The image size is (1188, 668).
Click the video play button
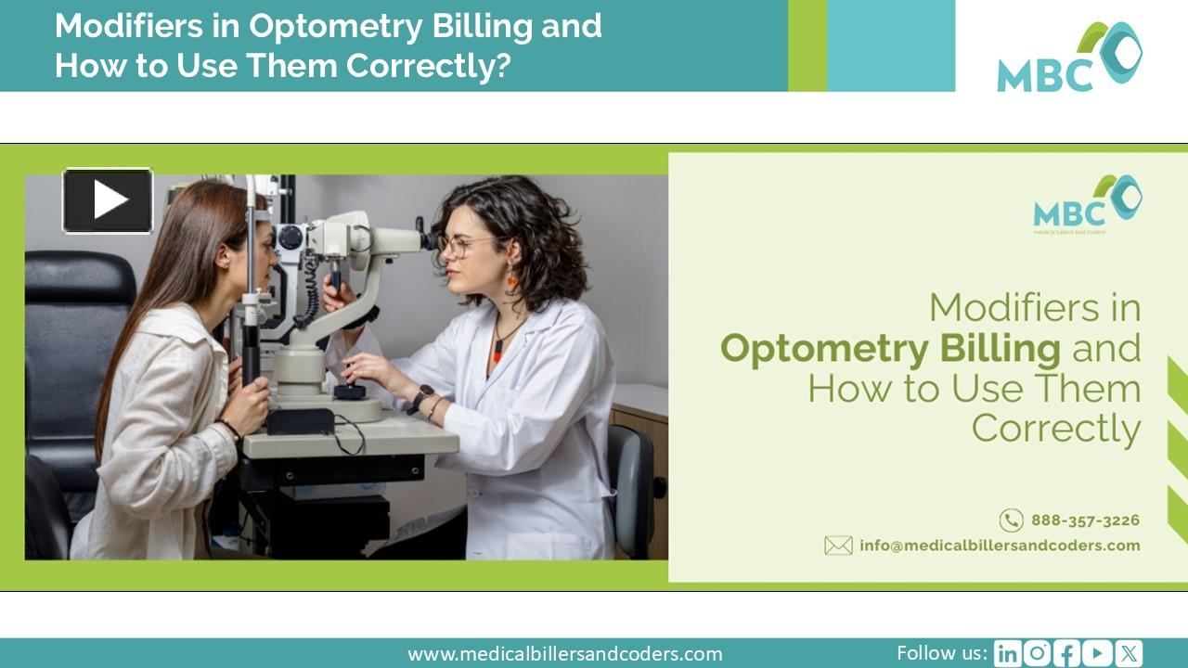tap(108, 200)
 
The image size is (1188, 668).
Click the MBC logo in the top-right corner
tap(1069, 58)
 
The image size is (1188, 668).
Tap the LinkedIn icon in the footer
tap(1006, 654)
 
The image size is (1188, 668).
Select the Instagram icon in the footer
tap(1037, 654)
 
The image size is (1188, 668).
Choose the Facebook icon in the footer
tap(1067, 654)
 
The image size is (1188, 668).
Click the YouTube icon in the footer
tap(1097, 654)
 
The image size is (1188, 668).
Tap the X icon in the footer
tap(1129, 654)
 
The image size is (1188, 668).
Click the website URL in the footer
tap(564, 654)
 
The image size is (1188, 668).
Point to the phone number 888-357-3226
tap(1085, 520)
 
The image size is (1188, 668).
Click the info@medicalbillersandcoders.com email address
tap(1000, 546)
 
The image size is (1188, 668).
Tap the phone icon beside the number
tap(1011, 520)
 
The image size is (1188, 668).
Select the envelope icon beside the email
tap(838, 546)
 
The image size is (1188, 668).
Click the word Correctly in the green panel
tap(1055, 429)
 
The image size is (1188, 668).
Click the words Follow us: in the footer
tap(941, 653)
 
